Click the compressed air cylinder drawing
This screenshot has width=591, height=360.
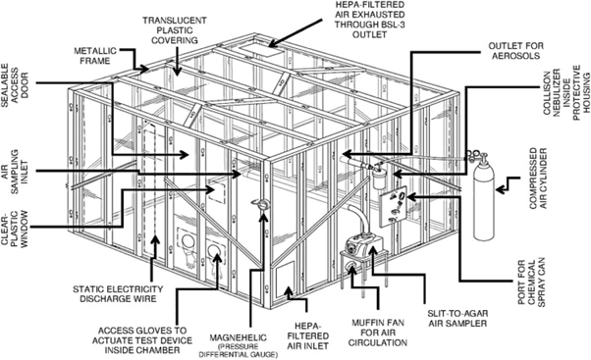coord(483,198)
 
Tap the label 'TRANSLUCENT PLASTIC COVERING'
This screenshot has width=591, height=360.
coord(174,30)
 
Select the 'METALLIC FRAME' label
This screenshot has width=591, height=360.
coord(95,56)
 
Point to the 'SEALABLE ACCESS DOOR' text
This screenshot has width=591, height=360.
coord(15,80)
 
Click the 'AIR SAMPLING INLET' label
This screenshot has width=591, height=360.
coord(15,172)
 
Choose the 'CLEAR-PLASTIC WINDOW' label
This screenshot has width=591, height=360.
coord(15,230)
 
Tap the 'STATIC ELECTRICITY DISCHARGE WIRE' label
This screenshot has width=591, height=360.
coord(118,294)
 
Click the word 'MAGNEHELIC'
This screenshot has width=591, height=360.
coord(239,337)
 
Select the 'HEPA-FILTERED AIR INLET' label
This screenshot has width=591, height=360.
coord(307,335)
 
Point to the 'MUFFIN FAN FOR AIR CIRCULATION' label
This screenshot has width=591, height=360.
coord(378,333)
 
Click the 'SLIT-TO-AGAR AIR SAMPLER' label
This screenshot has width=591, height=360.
coord(457,318)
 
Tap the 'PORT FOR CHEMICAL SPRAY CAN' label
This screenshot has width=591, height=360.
coord(531,283)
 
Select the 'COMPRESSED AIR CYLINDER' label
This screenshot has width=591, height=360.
coord(538,179)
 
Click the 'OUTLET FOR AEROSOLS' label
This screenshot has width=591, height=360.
coord(516,51)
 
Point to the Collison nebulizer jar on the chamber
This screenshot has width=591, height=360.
coord(379,180)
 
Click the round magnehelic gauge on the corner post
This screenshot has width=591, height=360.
coord(261,204)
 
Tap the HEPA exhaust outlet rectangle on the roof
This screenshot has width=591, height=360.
coord(261,50)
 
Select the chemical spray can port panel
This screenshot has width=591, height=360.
coord(393,206)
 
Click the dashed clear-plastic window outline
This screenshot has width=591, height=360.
coord(217,193)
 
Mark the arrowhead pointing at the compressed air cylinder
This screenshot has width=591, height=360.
coord(500,189)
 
